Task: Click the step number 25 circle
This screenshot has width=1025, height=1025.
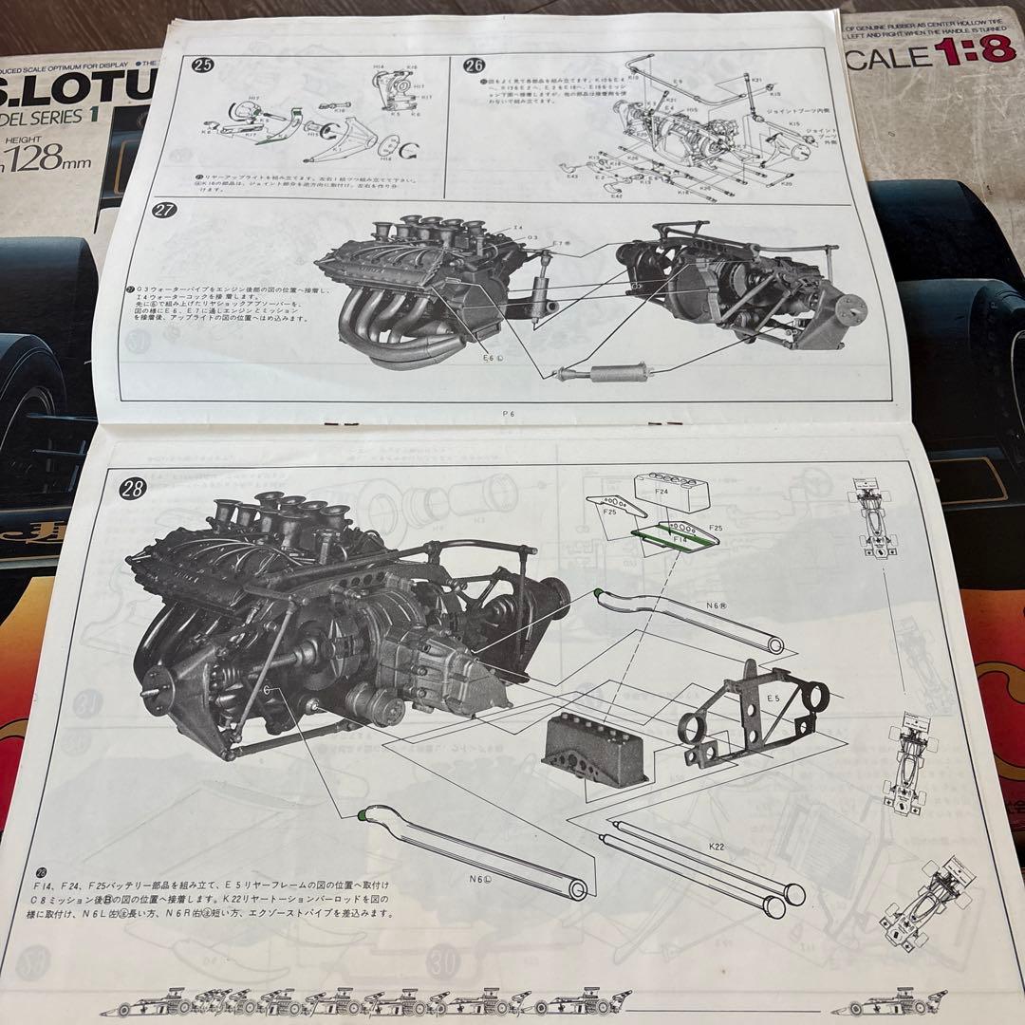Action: [201, 65]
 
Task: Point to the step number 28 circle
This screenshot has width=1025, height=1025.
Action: [132, 489]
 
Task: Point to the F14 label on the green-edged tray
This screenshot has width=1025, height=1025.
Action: [680, 538]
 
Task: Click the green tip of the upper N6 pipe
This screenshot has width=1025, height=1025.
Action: [598, 595]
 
